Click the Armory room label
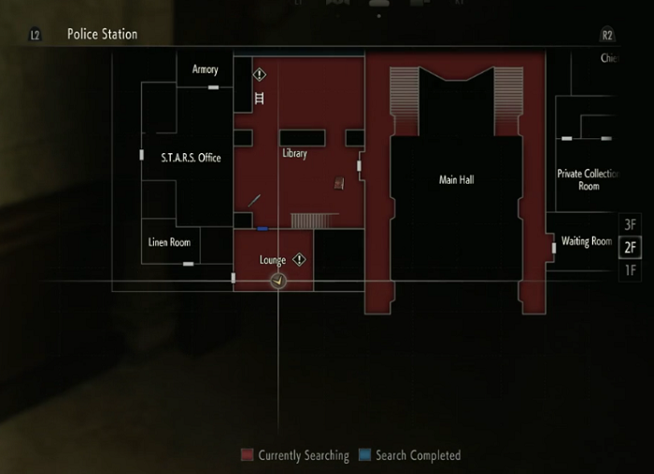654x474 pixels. pyautogui.click(x=206, y=69)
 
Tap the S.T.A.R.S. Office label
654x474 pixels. pyautogui.click(x=191, y=158)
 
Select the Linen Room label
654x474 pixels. pyautogui.click(x=169, y=243)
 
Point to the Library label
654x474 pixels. pyautogui.click(x=294, y=153)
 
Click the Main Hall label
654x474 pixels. pyautogui.click(x=457, y=179)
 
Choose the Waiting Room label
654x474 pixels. pyautogui.click(x=587, y=242)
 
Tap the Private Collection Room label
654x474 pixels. pyautogui.click(x=589, y=180)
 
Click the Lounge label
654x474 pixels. pyautogui.click(x=273, y=260)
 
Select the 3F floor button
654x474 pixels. pyautogui.click(x=630, y=225)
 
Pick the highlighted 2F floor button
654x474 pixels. pyautogui.click(x=630, y=247)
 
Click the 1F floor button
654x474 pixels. pyautogui.click(x=630, y=270)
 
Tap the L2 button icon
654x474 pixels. pyautogui.click(x=36, y=35)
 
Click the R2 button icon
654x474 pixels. pyautogui.click(x=608, y=35)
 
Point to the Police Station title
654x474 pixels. pyautogui.click(x=102, y=35)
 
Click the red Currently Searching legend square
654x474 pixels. pyautogui.click(x=247, y=455)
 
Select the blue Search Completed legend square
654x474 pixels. pyautogui.click(x=364, y=455)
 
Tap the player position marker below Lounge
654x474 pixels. pyautogui.click(x=277, y=280)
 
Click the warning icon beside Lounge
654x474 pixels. pyautogui.click(x=299, y=259)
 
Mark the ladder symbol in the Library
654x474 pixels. pyautogui.click(x=260, y=97)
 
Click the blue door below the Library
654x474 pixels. pyautogui.click(x=263, y=228)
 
